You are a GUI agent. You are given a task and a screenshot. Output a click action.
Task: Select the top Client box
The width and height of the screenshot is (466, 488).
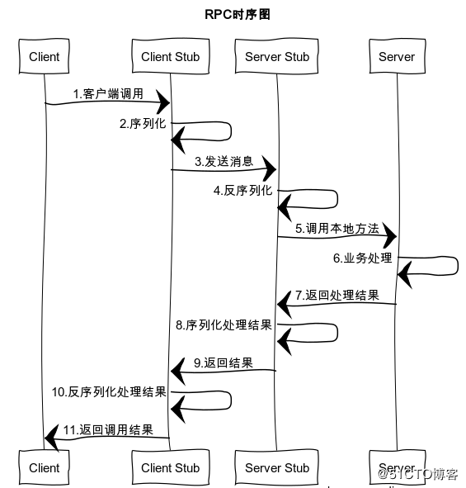[44, 57]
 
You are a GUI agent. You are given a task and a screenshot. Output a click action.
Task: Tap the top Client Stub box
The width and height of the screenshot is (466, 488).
[170, 57]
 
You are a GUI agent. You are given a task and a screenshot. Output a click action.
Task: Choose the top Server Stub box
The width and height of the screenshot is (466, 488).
[277, 57]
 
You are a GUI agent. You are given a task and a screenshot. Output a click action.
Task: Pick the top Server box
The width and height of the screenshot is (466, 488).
[397, 57]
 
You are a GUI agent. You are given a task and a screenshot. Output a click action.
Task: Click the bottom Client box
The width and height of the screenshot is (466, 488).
[44, 467]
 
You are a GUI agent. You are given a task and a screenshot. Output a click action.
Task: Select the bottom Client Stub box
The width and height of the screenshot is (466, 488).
[170, 467]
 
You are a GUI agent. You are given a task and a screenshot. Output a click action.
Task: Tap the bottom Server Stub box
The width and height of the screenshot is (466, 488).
[277, 467]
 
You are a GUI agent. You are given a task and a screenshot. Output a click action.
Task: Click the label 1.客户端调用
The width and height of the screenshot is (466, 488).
[107, 93]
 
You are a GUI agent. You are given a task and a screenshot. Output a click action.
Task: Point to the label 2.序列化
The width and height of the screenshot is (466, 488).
[142, 125]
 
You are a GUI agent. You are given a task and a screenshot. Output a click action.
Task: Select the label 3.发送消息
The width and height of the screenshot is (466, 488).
[224, 161]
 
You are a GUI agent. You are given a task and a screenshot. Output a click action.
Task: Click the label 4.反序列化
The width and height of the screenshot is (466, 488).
[242, 191]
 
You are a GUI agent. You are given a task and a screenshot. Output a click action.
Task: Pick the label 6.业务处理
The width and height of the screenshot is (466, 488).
[362, 258]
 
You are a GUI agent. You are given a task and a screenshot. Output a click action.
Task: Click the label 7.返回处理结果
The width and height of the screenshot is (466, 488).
[337, 295]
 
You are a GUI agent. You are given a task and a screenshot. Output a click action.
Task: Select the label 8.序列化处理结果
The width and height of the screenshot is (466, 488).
[224, 325]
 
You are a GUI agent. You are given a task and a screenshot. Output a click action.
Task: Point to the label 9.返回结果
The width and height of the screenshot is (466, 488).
[223, 362]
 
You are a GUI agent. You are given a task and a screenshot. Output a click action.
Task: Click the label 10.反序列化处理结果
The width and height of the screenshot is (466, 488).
[109, 391]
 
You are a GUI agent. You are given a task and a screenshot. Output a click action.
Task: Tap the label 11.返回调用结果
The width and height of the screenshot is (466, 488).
[108, 429]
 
